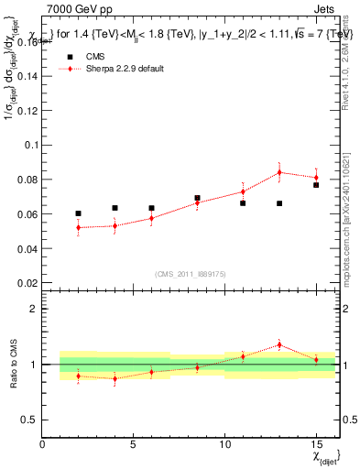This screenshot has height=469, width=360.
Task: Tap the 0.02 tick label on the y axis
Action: click(28, 283)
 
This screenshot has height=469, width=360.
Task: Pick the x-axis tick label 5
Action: click(133, 444)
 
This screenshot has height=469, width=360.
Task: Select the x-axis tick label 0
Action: click(42, 444)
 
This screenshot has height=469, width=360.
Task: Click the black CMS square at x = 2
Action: click(78, 213)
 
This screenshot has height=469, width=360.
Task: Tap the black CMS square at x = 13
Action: click(279, 203)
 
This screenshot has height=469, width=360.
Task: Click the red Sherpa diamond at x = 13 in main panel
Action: click(279, 172)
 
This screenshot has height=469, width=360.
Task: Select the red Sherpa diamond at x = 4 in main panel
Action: click(115, 225)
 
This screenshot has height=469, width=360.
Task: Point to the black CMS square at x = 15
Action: click(316, 185)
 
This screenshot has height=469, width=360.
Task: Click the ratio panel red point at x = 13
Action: click(279, 345)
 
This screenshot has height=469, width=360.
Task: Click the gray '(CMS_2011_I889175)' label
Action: click(188, 274)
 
